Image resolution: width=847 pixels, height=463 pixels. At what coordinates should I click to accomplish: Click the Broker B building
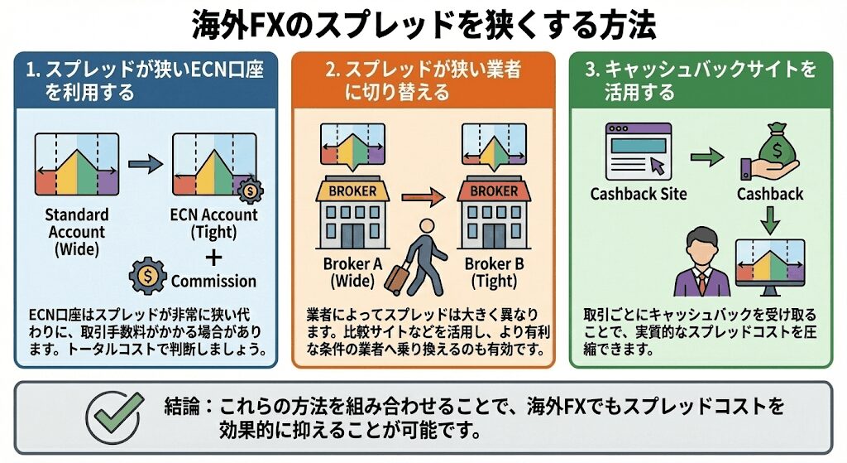tap(493, 215)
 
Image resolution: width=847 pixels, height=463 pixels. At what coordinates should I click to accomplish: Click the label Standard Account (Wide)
tap(76, 232)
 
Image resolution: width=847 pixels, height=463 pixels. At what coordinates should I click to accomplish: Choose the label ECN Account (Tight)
tap(215, 223)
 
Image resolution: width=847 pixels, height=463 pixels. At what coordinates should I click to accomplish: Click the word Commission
tap(213, 281)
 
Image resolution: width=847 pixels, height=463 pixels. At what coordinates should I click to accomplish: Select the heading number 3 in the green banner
tap(591, 70)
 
